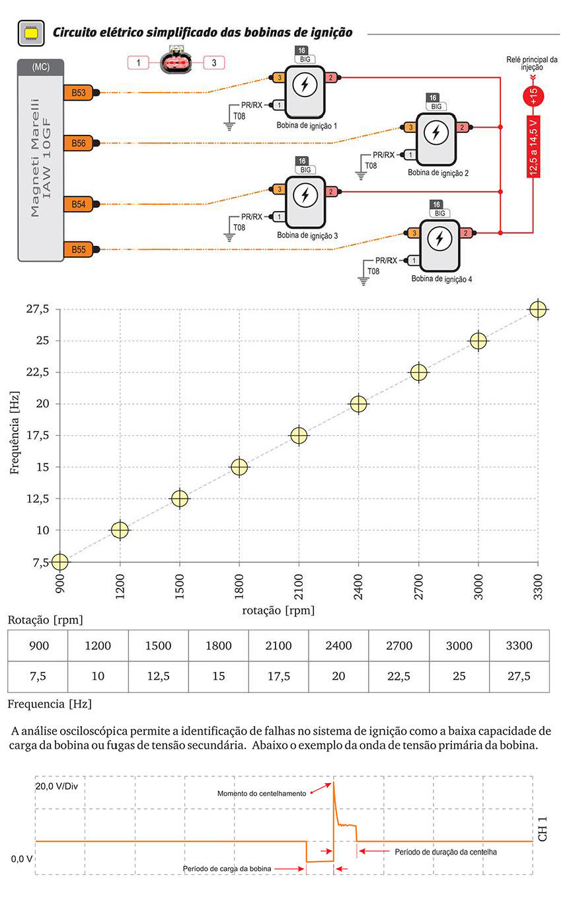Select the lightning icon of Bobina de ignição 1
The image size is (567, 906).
point(305,85)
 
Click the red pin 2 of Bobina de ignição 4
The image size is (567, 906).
point(465,233)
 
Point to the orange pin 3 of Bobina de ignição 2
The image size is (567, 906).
point(410,127)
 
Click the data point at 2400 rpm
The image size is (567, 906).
point(358,403)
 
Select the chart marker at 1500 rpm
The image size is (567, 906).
point(180,499)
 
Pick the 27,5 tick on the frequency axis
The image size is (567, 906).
point(38,309)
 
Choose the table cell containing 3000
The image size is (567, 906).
point(459,645)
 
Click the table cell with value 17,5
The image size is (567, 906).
point(278,677)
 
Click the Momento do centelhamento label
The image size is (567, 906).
point(262,794)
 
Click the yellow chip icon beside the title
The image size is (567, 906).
point(31,32)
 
